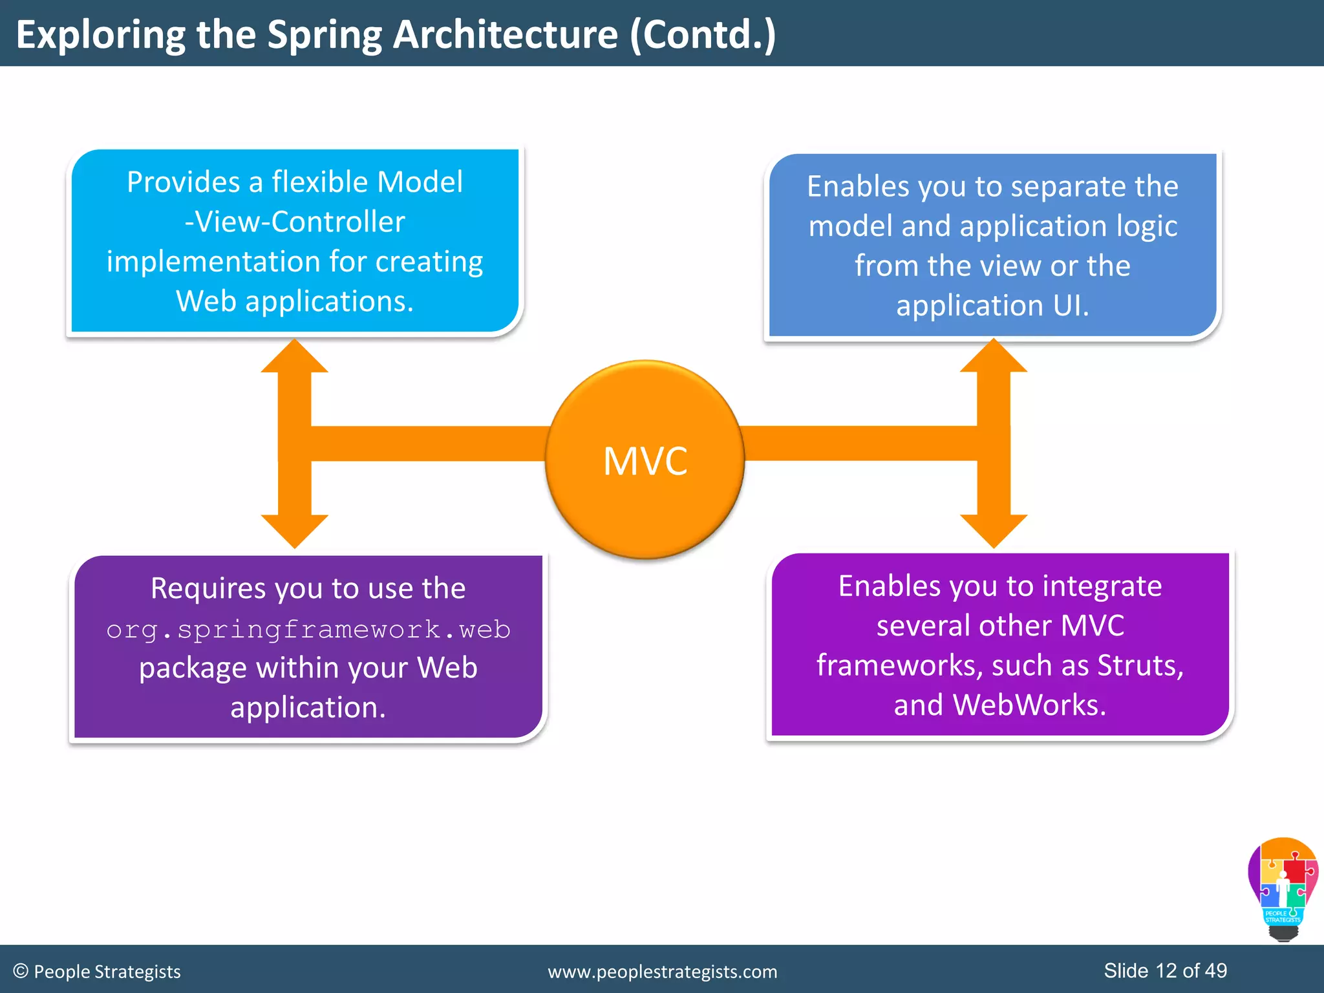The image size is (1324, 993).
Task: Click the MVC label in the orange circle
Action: coord(645,461)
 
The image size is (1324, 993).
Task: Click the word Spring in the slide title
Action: coord(325,35)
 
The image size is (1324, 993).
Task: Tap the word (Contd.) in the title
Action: coord(703,35)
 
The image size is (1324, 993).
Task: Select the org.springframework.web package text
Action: coord(308,629)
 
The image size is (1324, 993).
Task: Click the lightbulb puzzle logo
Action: coord(1283,889)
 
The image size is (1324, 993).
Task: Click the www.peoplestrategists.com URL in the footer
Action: coord(663,972)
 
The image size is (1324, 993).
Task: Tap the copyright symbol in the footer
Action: coord(21,971)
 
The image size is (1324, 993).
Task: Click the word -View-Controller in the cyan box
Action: coord(295,222)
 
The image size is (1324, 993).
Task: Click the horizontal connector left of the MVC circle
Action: coord(427,443)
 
